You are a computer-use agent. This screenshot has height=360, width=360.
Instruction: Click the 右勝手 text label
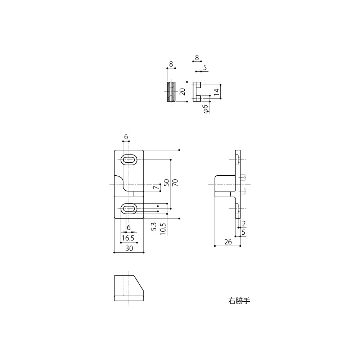[x=239, y=301]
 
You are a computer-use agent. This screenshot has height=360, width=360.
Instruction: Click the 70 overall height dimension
[x=175, y=183]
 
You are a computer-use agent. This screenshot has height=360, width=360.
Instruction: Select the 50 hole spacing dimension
[x=167, y=183]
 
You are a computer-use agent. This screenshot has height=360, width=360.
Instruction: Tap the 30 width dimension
[x=129, y=248]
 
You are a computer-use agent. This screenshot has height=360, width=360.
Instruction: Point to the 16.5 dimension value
[x=128, y=238]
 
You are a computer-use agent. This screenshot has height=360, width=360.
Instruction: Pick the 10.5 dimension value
[x=163, y=229]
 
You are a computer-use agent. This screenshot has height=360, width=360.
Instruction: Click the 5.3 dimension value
[x=154, y=226]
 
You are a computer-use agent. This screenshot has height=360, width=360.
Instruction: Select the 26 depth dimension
[x=228, y=242]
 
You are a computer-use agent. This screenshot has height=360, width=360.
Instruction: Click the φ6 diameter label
[x=206, y=109]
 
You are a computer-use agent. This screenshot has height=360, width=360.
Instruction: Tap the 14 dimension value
[x=216, y=92]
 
